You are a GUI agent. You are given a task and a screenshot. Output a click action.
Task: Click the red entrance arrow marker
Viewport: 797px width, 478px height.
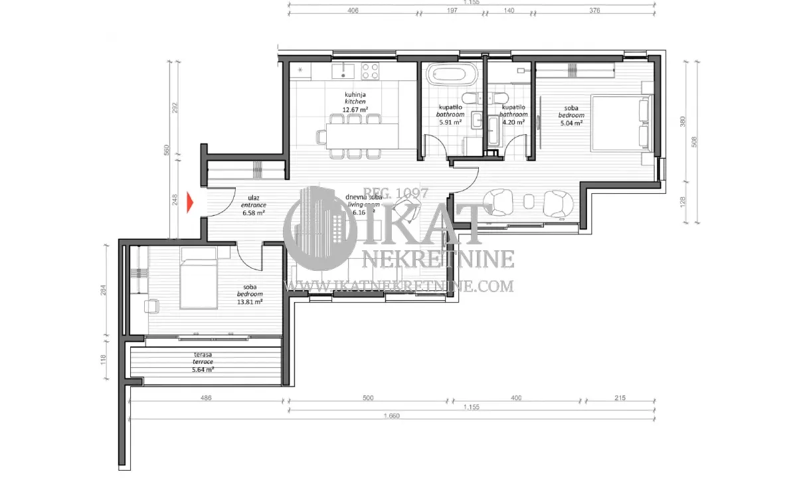(191, 204)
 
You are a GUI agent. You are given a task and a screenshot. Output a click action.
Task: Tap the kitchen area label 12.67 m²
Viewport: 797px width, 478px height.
(355, 110)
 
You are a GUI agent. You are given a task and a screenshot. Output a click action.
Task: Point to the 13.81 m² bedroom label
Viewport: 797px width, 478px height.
(250, 301)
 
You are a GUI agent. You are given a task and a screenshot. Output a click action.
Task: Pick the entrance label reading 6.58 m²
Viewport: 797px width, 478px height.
(253, 214)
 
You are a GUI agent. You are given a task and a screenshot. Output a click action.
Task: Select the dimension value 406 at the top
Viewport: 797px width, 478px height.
(353, 11)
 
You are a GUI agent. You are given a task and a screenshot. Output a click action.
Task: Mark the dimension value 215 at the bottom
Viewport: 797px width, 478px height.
(620, 398)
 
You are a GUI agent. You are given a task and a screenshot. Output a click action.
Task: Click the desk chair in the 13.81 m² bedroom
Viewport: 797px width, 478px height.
(153, 305)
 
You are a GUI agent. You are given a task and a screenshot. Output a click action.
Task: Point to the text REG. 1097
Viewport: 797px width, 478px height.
(397, 193)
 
